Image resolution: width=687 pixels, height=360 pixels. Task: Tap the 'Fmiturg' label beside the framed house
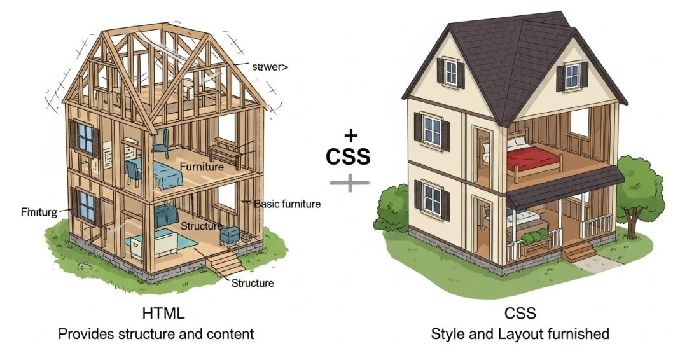(39, 211)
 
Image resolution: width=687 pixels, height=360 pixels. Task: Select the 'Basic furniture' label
(287, 204)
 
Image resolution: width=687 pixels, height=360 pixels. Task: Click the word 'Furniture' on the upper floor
(202, 167)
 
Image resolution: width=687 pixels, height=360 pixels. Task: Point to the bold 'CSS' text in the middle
(348, 156)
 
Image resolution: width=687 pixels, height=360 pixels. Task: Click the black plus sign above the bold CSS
(349, 135)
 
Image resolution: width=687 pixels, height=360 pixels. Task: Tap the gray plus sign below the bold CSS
(349, 183)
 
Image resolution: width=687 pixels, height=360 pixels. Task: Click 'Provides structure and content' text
(156, 333)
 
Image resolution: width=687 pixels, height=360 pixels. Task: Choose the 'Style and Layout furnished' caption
(520, 333)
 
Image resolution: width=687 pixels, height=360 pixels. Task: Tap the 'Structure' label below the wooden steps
(253, 282)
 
